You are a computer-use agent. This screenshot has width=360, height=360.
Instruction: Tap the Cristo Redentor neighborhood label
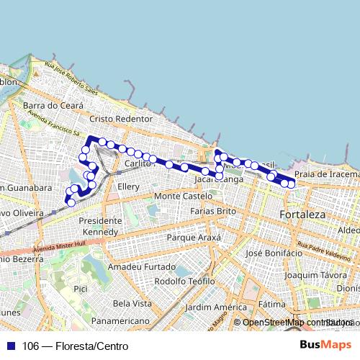121,118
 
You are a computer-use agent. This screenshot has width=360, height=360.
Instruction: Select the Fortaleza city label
302,215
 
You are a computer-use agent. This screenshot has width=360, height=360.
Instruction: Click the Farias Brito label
213,211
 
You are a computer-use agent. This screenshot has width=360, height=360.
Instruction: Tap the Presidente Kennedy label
100,226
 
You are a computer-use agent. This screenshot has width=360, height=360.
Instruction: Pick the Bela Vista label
132,303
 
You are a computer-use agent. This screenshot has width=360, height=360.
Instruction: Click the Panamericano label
120,320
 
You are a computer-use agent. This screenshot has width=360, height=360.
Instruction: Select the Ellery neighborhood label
128,186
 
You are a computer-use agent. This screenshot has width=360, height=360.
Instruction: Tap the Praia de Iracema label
328,174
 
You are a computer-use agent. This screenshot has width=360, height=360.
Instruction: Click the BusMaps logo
325,345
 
